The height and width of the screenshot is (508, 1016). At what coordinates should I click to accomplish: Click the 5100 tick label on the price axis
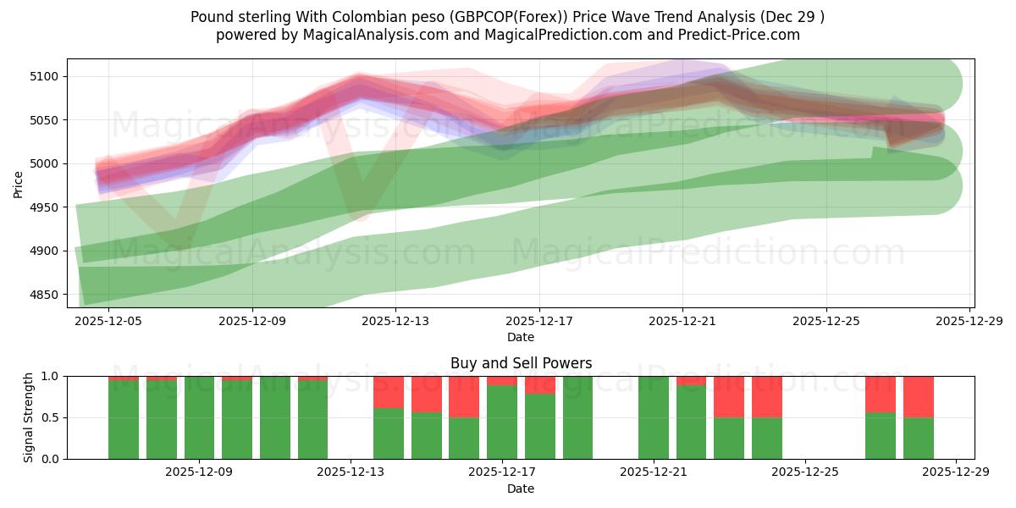[x=44, y=76]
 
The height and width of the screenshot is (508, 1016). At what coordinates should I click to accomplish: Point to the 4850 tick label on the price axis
[x=44, y=295]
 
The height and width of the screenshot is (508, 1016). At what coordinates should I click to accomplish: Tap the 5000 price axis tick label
[x=44, y=163]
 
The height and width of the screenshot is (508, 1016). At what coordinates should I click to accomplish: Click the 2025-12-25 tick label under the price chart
[x=826, y=322]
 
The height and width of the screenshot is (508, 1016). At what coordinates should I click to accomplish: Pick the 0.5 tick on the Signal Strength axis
[x=51, y=417]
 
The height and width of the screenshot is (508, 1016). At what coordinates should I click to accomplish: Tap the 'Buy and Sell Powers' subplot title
[x=520, y=363]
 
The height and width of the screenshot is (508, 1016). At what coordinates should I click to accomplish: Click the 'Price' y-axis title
[x=19, y=184]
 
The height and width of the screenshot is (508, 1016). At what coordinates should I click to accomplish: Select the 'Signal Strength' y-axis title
[x=29, y=417]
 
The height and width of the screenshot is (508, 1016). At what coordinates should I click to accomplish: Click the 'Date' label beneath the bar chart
[x=520, y=489]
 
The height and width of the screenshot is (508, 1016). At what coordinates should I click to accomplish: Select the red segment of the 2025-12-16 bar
[x=464, y=396]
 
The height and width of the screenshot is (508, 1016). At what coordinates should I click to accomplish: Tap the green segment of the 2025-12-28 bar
[x=919, y=438]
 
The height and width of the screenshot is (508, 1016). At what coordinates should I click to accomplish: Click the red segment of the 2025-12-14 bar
[x=389, y=392]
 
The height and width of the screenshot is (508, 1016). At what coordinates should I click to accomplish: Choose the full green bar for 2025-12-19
[x=577, y=417]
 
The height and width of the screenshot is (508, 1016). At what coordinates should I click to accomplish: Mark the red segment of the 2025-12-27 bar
[x=881, y=394]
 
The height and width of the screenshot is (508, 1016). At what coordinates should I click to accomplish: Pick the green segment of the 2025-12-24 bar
[x=767, y=438]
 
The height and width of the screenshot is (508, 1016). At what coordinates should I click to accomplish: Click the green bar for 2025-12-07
[x=162, y=420]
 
